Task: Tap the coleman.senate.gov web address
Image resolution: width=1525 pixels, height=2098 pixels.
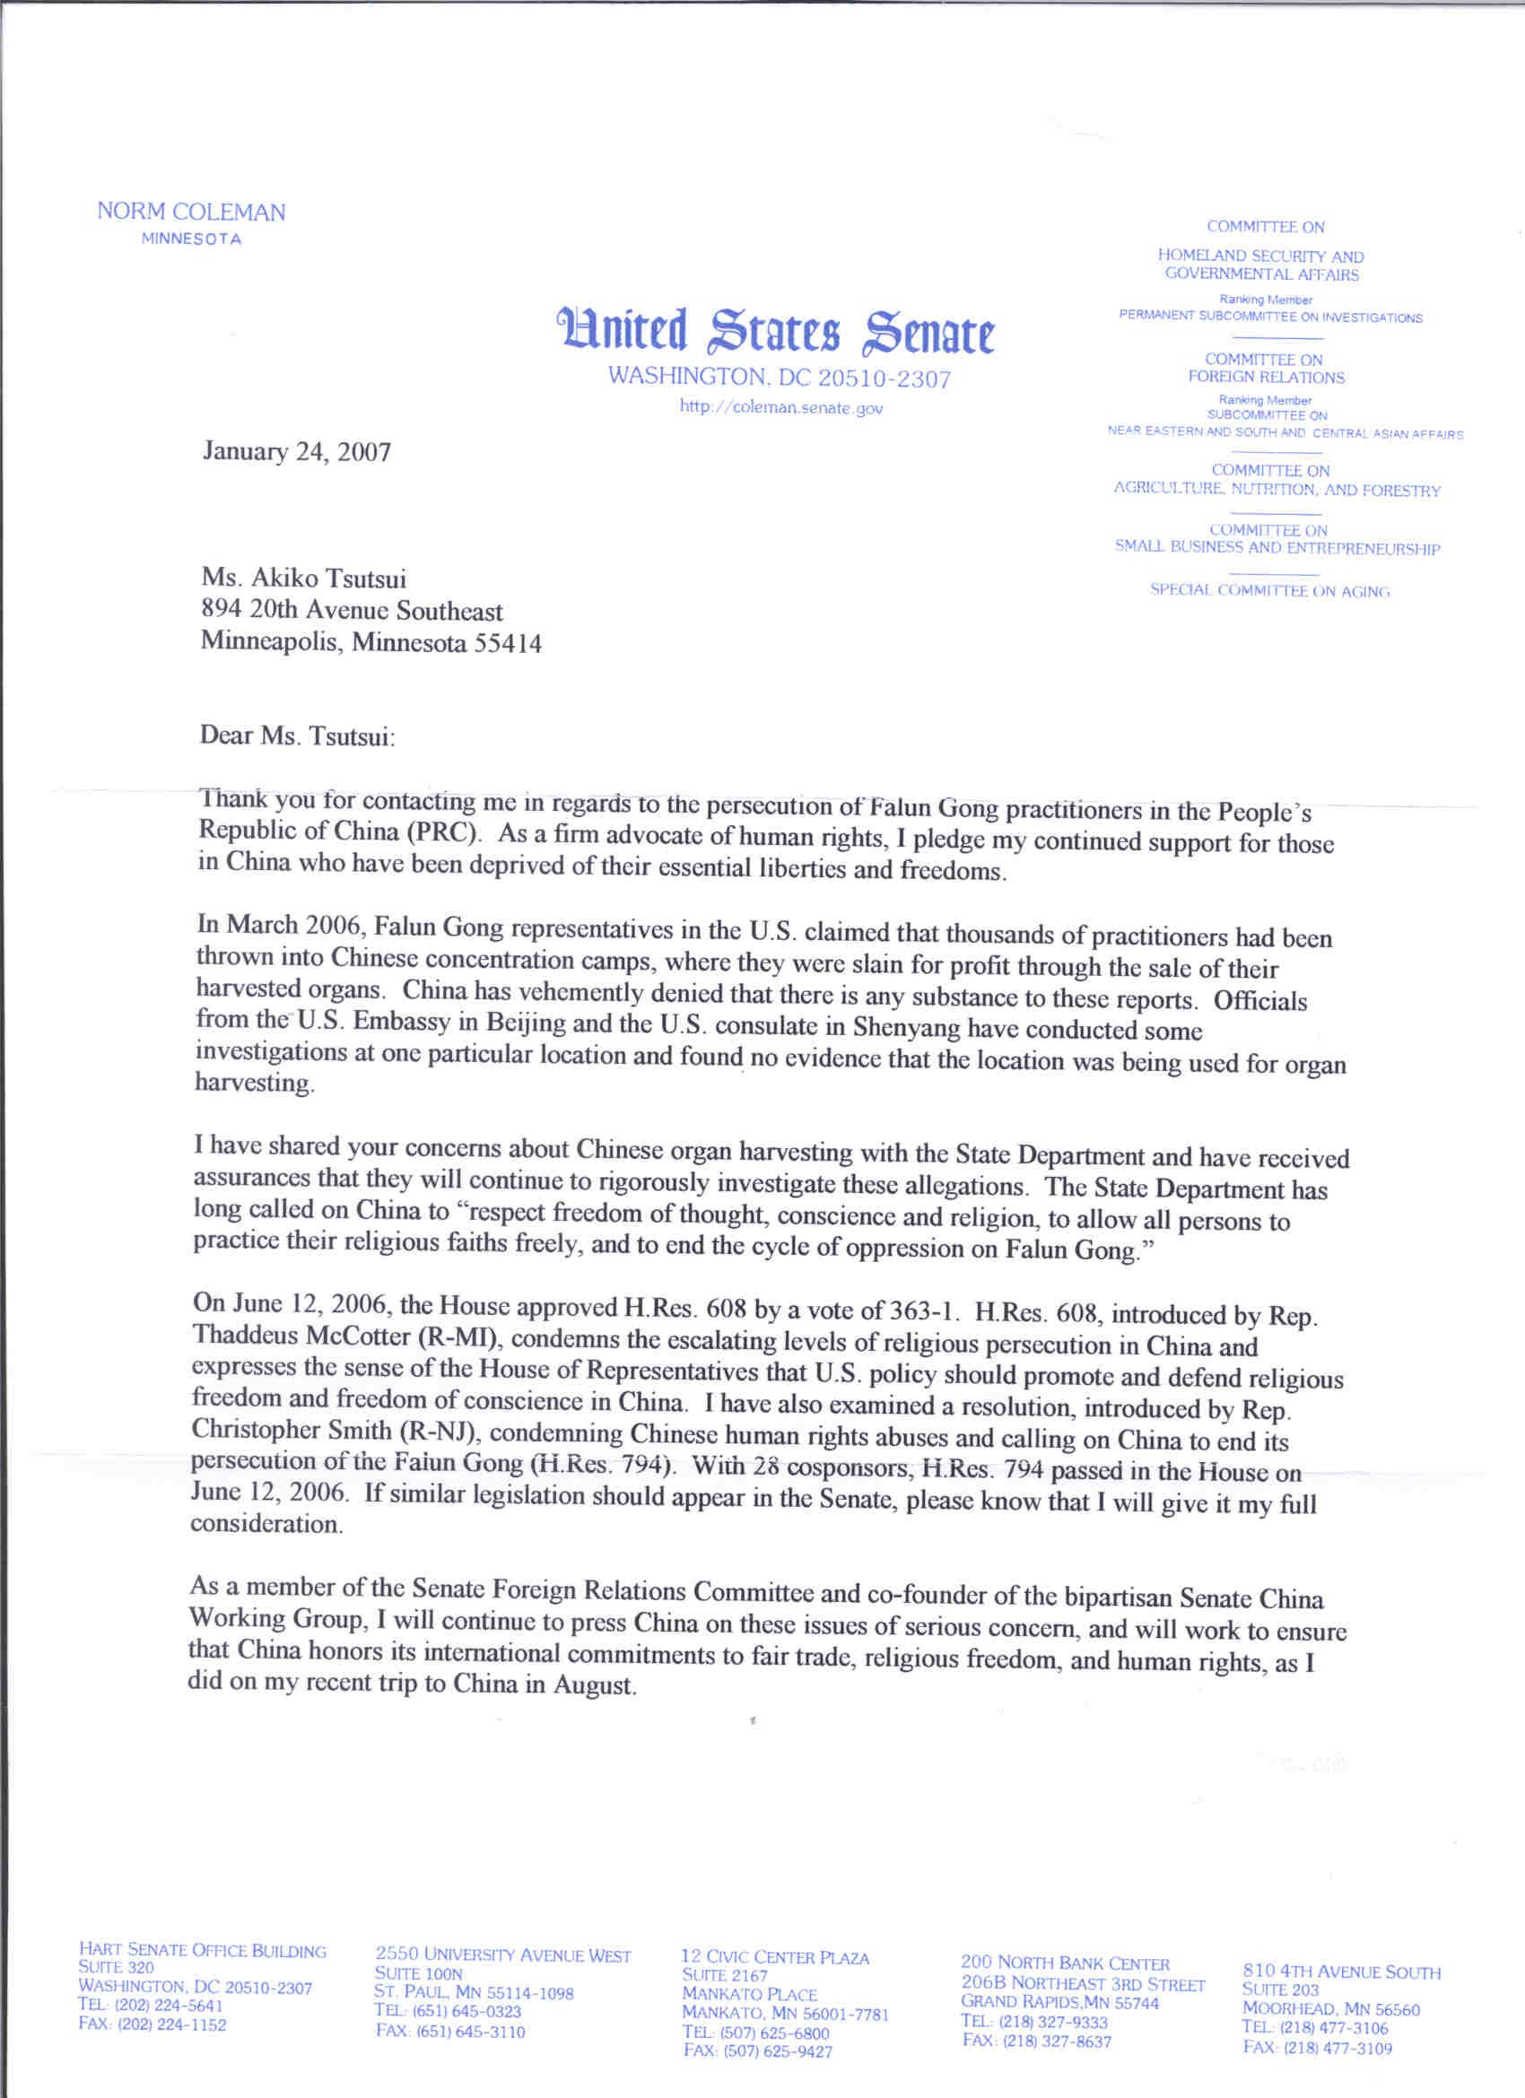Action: tap(781, 407)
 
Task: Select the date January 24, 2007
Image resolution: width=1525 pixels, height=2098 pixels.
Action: tap(296, 451)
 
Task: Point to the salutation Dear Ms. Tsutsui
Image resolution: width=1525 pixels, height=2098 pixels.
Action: tap(297, 736)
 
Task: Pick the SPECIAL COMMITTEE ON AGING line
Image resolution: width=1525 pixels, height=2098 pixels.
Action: tap(1268, 590)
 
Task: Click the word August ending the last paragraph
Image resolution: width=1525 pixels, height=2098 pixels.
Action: tap(593, 1684)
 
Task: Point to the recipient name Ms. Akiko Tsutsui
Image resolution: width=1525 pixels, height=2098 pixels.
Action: tap(303, 579)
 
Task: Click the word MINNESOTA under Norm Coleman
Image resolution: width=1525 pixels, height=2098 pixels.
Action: tap(190, 239)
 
